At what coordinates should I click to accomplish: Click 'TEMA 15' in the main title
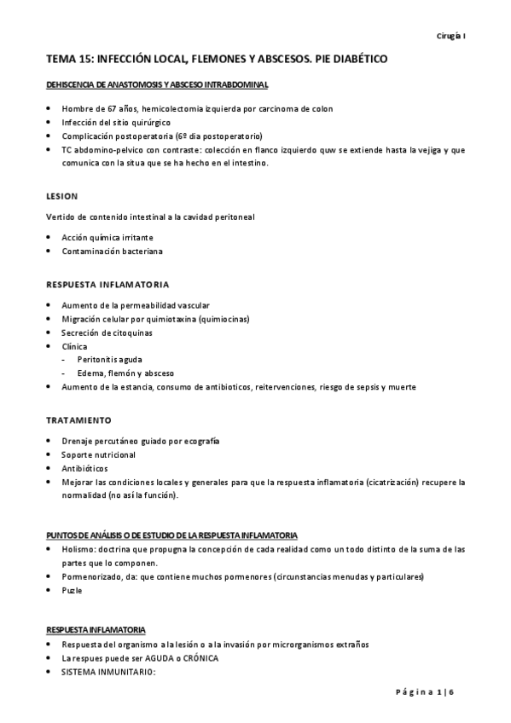(68, 61)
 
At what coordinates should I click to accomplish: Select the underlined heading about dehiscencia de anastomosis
(157, 86)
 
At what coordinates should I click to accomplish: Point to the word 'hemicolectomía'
(175, 109)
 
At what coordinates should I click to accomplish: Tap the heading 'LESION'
(61, 194)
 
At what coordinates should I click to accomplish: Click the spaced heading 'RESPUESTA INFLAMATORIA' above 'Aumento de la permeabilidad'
(107, 283)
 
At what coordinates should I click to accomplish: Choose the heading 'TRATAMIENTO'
(78, 419)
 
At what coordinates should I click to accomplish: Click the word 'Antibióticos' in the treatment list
(86, 468)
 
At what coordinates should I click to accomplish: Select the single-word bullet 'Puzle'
(72, 591)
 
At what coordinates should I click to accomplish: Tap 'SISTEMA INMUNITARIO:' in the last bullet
(107, 673)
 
